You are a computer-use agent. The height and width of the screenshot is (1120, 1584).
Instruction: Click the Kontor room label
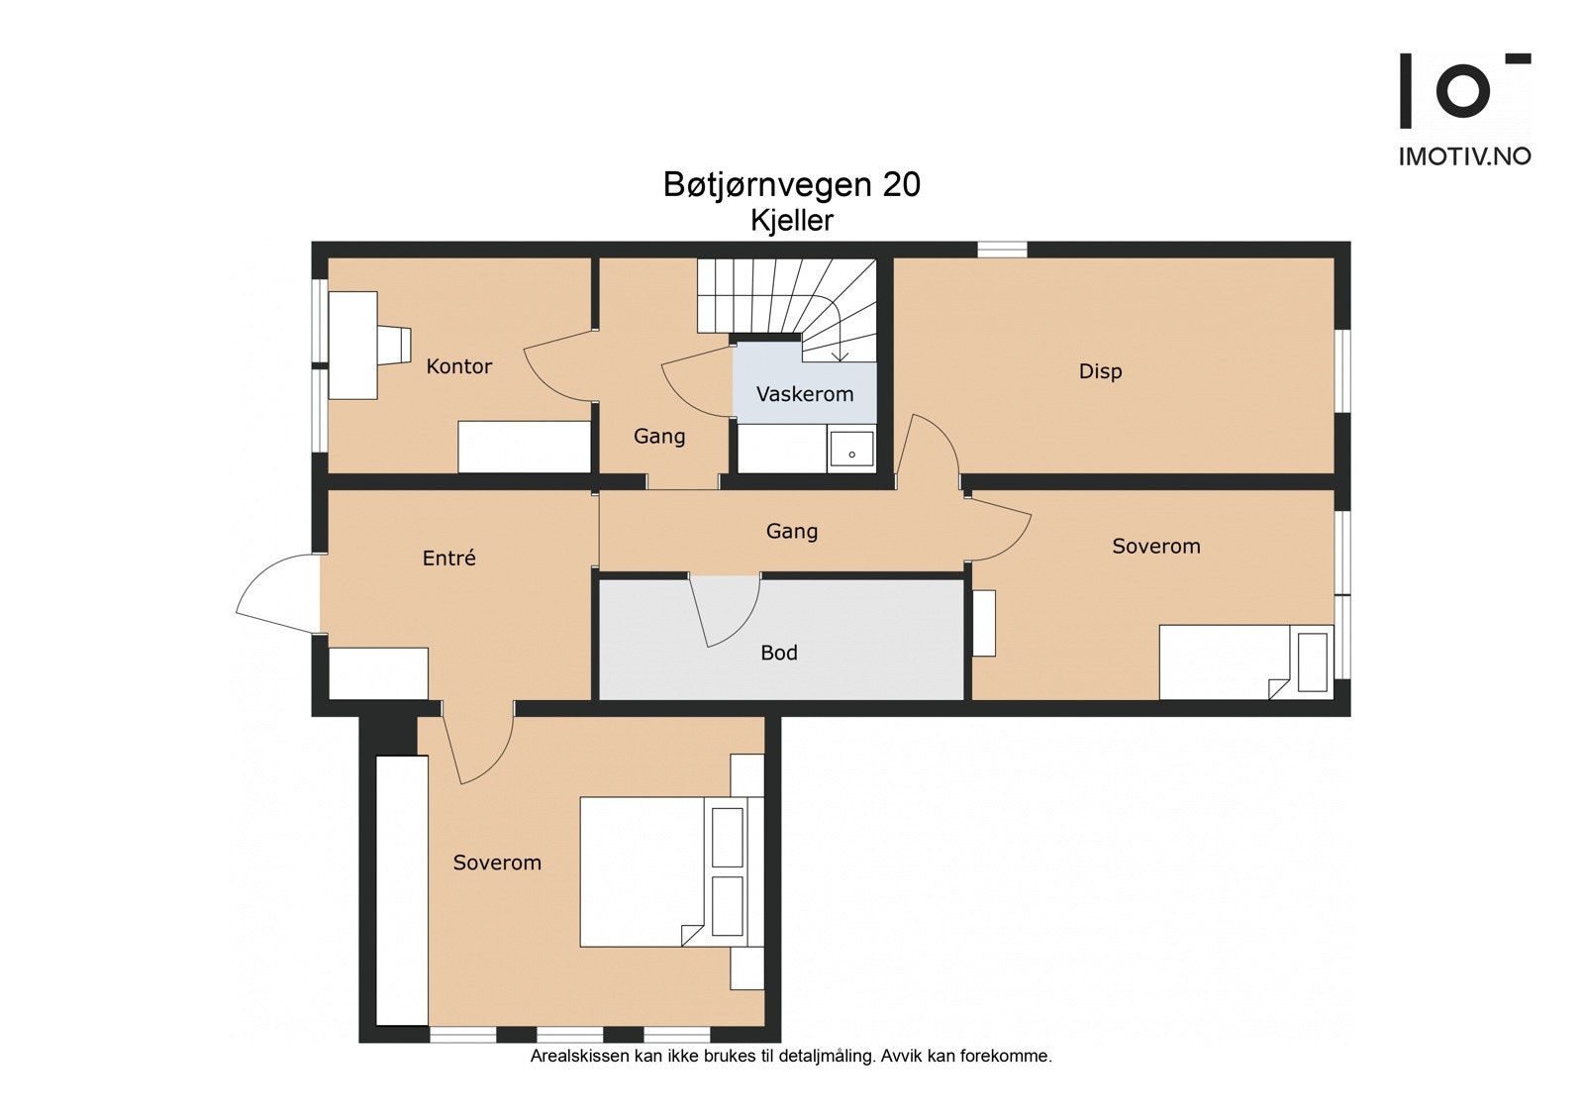459,366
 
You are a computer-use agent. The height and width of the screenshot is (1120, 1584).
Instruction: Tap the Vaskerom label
805,394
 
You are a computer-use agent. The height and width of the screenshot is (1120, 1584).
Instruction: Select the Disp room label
1100,371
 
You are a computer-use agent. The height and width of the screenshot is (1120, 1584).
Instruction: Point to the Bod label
779,653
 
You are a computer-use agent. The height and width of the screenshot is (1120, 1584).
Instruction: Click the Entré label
449,559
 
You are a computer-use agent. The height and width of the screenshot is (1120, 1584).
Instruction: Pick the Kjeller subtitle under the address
792,221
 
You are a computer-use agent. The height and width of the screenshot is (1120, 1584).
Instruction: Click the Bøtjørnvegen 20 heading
792,184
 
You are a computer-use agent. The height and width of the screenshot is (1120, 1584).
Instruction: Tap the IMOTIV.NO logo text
1465,156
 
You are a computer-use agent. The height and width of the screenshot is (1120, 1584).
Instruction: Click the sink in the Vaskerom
851,449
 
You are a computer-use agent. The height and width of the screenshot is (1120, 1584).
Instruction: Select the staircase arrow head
840,356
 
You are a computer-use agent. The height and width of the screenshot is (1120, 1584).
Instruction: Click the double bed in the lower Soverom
672,871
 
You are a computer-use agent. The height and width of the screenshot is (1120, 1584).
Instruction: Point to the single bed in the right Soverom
1246,662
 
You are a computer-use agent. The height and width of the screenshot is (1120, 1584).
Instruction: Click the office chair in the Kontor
394,346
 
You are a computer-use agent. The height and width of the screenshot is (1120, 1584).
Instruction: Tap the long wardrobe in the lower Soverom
402,890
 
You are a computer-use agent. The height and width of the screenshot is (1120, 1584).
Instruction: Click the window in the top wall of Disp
1002,249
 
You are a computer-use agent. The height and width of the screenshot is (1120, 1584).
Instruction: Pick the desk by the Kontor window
352,346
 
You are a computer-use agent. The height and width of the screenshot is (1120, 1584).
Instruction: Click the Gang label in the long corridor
792,532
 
